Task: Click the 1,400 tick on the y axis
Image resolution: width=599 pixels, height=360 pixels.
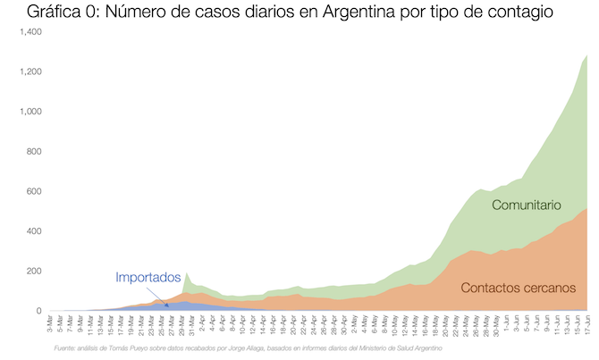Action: (30, 31)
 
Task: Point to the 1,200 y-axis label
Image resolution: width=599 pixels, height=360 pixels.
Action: (30, 71)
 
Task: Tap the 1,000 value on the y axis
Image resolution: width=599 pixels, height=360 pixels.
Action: (30, 112)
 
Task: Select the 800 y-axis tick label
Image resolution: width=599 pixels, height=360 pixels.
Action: (34, 152)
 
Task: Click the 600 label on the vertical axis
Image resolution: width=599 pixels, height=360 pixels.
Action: (34, 191)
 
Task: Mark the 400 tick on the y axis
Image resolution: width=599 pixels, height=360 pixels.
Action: (34, 231)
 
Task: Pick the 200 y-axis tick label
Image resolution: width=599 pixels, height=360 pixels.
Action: (34, 272)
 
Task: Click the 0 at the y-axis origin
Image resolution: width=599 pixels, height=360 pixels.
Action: (39, 311)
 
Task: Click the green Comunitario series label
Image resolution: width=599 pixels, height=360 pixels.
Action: (527, 205)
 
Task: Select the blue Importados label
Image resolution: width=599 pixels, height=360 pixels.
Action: (148, 277)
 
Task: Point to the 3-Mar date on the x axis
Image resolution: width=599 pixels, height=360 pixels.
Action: (50, 324)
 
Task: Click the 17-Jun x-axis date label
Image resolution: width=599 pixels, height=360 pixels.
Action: (586, 326)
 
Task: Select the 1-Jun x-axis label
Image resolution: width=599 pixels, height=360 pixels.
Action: (506, 324)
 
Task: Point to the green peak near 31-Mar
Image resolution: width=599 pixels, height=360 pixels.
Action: (187, 274)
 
